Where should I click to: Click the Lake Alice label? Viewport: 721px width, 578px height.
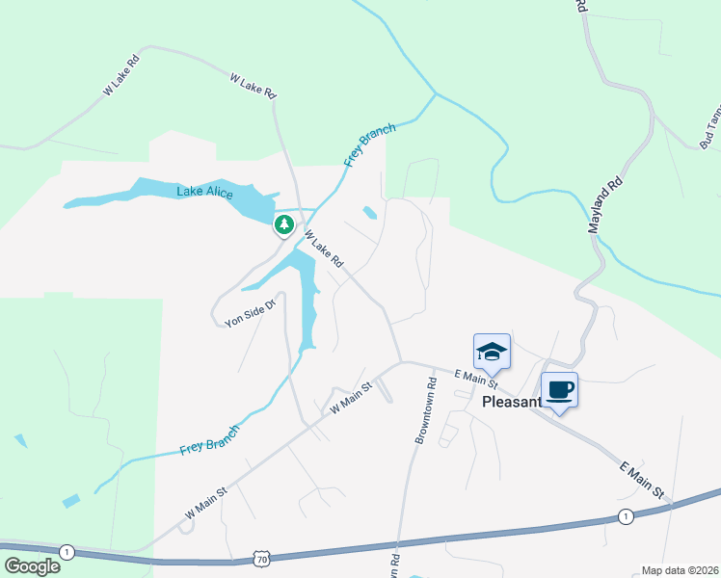[x=204, y=193]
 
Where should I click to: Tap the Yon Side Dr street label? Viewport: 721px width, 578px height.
[x=251, y=312]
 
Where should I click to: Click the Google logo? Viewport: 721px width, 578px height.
[x=32, y=566]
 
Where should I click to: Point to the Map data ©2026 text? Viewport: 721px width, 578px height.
[x=680, y=570]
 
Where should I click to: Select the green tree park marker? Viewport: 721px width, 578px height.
[x=283, y=225]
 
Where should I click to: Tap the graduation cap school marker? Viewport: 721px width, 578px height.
[x=491, y=351]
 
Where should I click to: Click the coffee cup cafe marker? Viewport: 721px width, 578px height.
[x=559, y=390]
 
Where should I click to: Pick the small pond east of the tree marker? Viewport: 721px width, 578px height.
[x=369, y=212]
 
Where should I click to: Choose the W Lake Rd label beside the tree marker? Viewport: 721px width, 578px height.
[x=324, y=249]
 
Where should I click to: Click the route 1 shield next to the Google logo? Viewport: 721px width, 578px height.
[x=67, y=552]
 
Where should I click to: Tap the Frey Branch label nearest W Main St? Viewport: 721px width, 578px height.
[x=209, y=438]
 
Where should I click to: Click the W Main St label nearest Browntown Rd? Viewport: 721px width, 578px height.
[x=351, y=398]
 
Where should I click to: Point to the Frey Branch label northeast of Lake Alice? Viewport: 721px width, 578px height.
[x=370, y=145]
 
